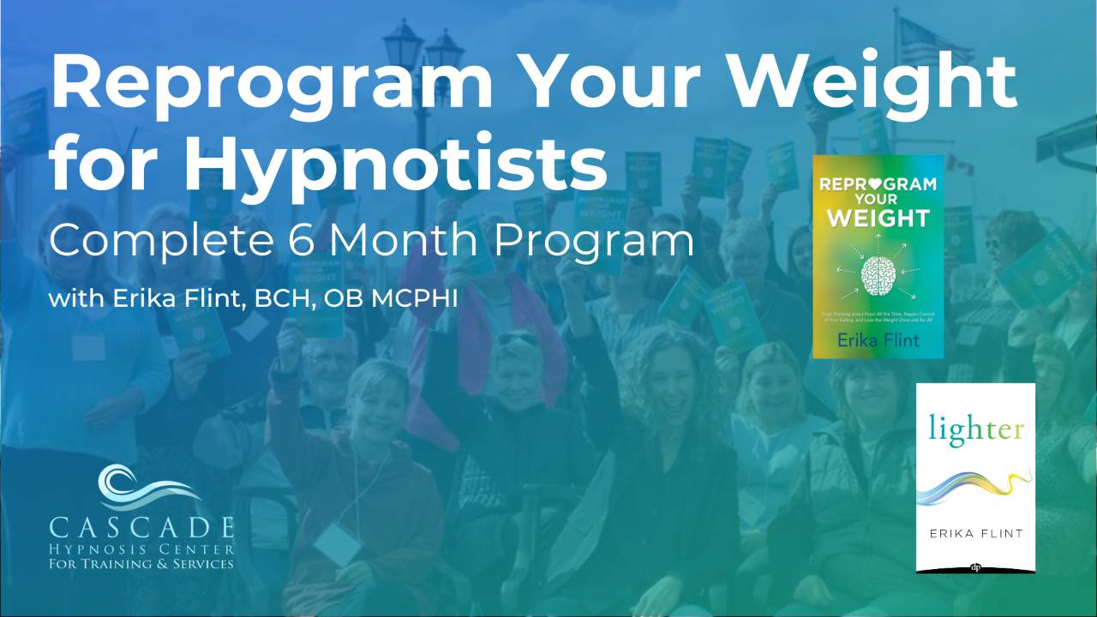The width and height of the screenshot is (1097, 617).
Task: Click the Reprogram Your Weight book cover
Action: point(878,256)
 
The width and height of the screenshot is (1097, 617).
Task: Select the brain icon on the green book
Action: point(878,271)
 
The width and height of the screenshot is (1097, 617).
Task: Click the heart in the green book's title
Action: point(878,184)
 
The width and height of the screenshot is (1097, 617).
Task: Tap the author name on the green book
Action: point(878,340)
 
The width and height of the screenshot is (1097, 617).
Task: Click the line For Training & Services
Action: point(141,563)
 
